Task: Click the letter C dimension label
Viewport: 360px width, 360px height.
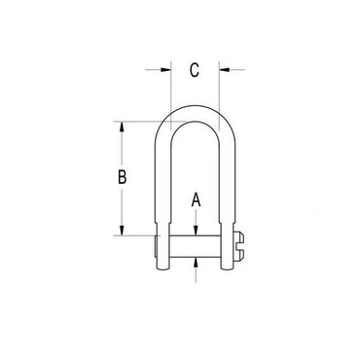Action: tap(195, 70)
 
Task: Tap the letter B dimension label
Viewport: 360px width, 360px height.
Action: tap(122, 177)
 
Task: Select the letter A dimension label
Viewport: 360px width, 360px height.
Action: tap(196, 199)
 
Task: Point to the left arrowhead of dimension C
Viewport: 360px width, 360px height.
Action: tap(165, 69)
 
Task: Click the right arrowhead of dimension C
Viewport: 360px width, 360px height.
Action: tap(224, 69)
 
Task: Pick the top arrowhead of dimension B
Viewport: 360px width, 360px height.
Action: tap(122, 126)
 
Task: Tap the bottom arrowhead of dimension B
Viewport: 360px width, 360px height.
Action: tap(122, 231)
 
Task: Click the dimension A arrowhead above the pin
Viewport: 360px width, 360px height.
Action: tap(196, 231)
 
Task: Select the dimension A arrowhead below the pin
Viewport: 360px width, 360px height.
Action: tap(196, 263)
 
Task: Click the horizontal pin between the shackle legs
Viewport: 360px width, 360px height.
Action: tap(195, 246)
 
